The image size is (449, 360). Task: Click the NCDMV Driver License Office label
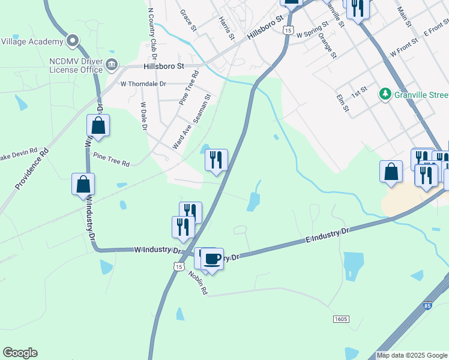point(76,65)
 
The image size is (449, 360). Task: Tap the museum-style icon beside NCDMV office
point(112,64)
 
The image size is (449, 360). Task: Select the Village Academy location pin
point(73,41)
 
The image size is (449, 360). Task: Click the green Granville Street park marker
point(385,94)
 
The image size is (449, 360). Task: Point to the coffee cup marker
point(212,259)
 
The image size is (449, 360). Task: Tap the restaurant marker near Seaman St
point(216,160)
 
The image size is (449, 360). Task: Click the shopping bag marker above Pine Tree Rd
point(98,126)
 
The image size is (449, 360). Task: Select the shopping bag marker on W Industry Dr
point(83,184)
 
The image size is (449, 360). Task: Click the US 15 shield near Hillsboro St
point(289,29)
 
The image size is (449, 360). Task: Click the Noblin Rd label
point(197,282)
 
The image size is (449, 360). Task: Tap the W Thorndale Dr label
point(143,84)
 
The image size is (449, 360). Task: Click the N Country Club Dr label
point(152,32)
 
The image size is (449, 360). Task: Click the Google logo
point(20,353)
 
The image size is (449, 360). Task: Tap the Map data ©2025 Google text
point(412,355)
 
